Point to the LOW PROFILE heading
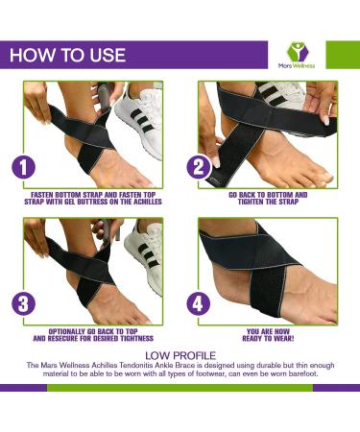pyautogui.click(x=180, y=354)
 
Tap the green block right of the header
pyautogui.click(x=343, y=54)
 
